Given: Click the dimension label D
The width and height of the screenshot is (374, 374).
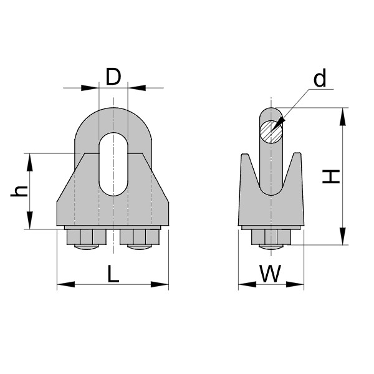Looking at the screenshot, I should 113,77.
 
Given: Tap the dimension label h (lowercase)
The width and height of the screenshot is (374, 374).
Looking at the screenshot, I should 19,191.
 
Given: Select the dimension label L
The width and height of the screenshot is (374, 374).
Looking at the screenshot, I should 113,274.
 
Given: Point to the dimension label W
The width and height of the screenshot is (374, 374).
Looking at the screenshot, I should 270,274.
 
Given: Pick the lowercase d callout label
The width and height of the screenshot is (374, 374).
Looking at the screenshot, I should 320,79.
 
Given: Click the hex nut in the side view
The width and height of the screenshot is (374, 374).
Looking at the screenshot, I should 271,237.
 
